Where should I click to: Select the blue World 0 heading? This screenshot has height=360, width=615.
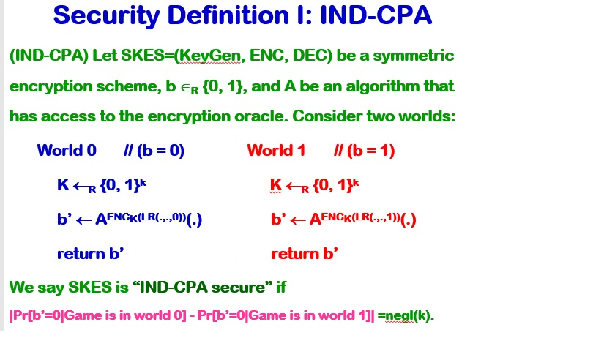point(67,151)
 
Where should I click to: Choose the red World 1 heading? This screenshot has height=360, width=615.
point(276,151)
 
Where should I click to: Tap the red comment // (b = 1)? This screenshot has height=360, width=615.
point(364,151)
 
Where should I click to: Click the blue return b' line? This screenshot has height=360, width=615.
point(90,254)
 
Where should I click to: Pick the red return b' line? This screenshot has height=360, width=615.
point(305,254)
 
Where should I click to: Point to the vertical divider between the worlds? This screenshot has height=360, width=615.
point(239,198)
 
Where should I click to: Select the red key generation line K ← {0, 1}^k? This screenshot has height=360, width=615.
point(314,185)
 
